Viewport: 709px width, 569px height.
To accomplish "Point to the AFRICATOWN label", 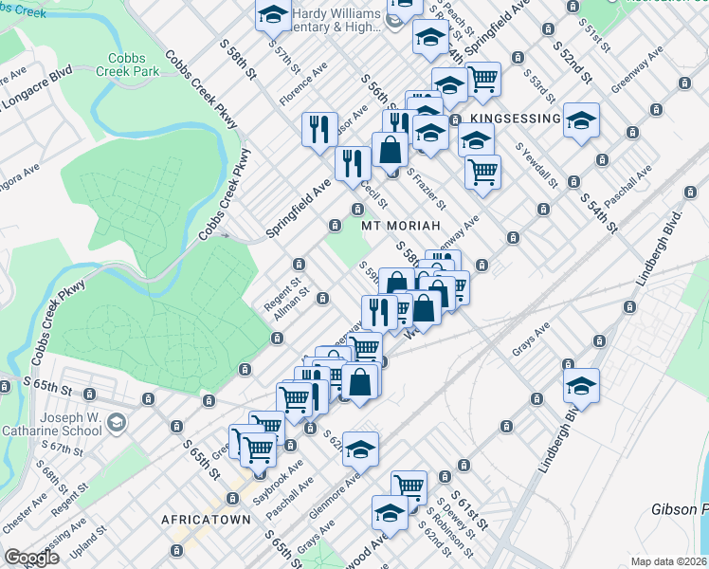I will [206, 520].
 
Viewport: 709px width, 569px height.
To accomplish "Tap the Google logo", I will [31, 559].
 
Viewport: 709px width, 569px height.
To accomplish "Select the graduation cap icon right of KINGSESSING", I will [581, 121].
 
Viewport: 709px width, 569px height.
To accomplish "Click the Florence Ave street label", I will [303, 85].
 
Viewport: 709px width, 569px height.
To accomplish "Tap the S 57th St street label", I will [283, 59].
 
